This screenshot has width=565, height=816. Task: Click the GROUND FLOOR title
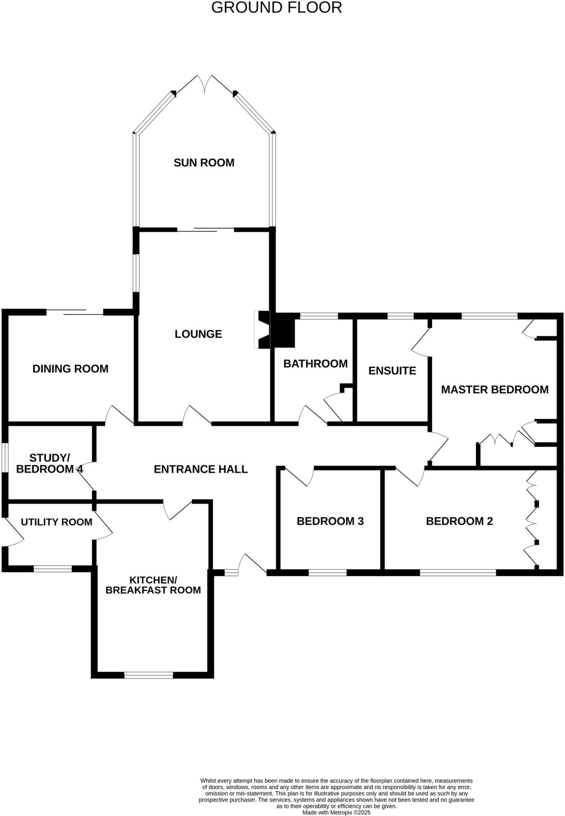(276, 8)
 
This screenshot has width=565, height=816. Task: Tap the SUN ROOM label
(204, 163)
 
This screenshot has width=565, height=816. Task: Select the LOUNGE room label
(198, 334)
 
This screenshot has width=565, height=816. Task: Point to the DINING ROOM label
(70, 369)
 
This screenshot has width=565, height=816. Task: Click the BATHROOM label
(315, 363)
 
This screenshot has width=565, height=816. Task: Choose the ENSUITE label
(392, 371)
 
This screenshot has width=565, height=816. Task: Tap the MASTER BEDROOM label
(494, 389)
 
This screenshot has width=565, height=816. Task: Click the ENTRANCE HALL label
(201, 469)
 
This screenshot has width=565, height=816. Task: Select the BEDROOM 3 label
(330, 521)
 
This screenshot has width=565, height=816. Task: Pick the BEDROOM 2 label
(459, 521)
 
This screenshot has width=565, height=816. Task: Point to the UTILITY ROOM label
(56, 522)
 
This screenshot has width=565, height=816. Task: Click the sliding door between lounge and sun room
(205, 229)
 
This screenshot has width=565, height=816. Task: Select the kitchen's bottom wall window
(148, 675)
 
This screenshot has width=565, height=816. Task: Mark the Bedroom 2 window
(458, 573)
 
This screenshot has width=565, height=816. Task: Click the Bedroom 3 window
(327, 573)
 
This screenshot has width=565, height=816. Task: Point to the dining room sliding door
(75, 312)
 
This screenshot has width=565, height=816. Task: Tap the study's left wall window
(5, 458)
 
